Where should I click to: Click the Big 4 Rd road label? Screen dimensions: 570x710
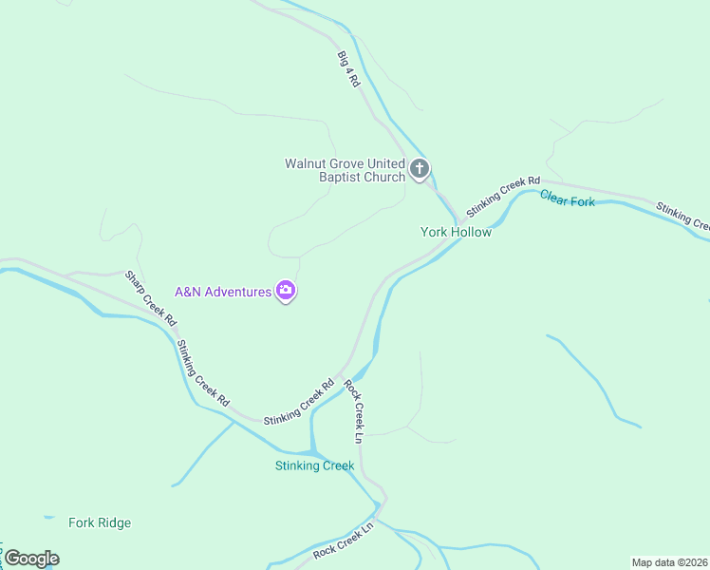coord(348,69)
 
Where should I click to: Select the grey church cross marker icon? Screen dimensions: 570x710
coord(420,170)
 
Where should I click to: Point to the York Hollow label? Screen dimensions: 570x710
coord(456,232)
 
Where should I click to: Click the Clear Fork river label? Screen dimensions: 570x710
coord(568,199)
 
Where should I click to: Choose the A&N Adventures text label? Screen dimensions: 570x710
coord(223,292)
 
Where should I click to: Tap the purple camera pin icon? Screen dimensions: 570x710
coord(286,291)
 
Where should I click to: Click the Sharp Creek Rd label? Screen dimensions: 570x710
coord(151,298)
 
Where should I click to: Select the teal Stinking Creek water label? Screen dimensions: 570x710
coord(314,465)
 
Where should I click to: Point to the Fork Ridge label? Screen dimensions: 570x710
coord(100,522)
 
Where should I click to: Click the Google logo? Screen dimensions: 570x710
coord(31,559)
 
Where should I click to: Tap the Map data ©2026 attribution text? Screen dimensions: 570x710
coord(670,562)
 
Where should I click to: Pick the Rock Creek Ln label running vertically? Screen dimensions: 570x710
coord(353,411)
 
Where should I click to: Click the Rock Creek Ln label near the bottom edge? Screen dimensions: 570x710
coord(344,539)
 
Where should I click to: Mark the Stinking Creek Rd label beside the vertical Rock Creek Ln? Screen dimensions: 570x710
coord(299,402)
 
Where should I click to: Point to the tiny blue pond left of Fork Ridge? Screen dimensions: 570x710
coord(48,518)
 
